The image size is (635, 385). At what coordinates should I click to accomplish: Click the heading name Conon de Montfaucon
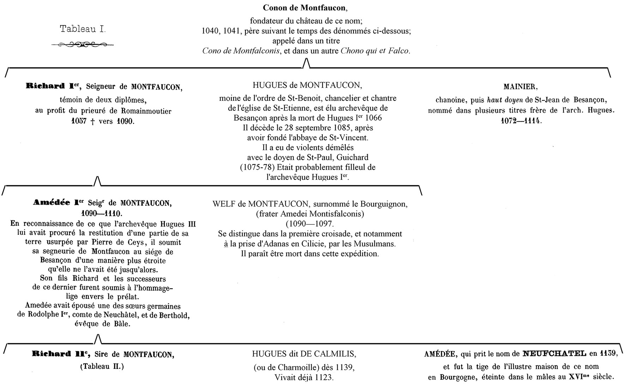point(307,7)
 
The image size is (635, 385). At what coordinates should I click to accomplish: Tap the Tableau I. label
point(83,29)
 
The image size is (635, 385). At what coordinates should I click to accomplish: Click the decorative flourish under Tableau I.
point(83,44)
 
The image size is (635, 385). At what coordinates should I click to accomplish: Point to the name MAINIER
point(520,87)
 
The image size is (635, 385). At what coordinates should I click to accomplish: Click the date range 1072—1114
point(521,121)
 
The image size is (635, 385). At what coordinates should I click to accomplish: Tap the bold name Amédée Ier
point(59,203)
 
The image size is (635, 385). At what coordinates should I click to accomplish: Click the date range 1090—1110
point(101,213)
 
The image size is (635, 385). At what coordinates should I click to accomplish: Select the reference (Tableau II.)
point(102,366)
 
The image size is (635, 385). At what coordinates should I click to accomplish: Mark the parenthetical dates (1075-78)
point(257,167)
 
